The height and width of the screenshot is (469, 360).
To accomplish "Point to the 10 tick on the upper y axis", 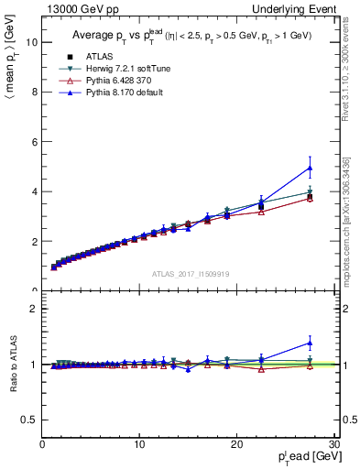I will pyautogui.click(x=30, y=42).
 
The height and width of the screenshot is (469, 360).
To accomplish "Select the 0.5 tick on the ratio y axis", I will pyautogui.click(x=29, y=420).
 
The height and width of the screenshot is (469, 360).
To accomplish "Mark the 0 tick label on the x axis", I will pyautogui.click(x=42, y=444).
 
